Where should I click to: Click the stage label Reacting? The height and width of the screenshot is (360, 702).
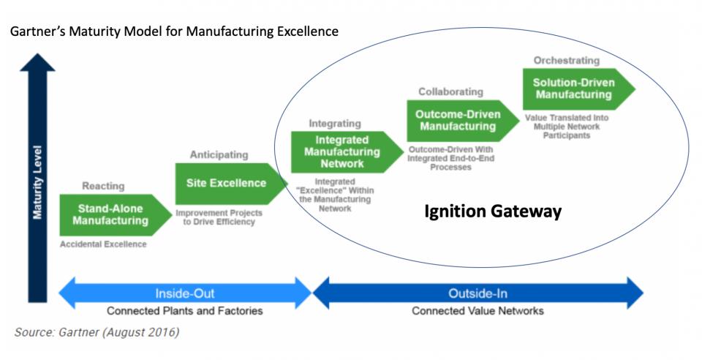click(x=103, y=186)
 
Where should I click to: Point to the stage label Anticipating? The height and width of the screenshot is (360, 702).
click(x=219, y=154)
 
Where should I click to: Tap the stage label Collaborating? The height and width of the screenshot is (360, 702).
click(x=450, y=91)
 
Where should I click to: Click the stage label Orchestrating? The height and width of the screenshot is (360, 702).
click(x=566, y=61)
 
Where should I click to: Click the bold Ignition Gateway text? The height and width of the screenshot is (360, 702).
click(x=493, y=212)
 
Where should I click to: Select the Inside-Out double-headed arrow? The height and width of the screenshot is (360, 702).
click(x=184, y=293)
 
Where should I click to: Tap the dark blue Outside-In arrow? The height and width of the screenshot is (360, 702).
click(x=478, y=293)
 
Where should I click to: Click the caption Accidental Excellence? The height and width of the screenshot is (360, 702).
click(x=102, y=244)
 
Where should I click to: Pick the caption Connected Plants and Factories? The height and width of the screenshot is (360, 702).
click(x=184, y=311)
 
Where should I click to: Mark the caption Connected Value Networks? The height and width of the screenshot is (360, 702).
click(x=478, y=311)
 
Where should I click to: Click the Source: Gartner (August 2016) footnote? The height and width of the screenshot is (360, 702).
click(x=97, y=332)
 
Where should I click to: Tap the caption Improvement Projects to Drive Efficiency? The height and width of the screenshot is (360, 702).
click(x=219, y=217)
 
